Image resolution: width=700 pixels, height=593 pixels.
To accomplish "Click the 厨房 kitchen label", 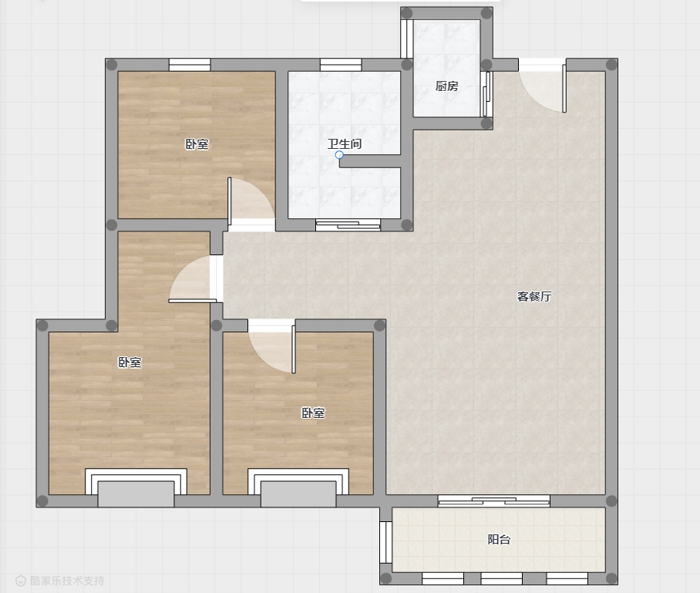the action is pyautogui.click(x=446, y=86).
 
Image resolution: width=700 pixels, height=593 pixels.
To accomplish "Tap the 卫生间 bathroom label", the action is pyautogui.click(x=344, y=143).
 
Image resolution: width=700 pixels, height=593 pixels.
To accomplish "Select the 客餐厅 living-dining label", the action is pyautogui.click(x=534, y=296).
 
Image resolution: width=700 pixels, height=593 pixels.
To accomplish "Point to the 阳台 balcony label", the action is pyautogui.click(x=499, y=540).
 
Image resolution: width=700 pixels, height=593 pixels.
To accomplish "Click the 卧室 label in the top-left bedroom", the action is pyautogui.click(x=197, y=144).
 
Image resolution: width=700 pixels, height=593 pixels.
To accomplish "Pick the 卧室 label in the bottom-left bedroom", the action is pyautogui.click(x=130, y=362).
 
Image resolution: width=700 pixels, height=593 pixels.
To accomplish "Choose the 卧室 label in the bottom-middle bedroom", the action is pyautogui.click(x=313, y=413).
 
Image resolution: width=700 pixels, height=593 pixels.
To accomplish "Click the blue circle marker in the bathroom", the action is pyautogui.click(x=339, y=155).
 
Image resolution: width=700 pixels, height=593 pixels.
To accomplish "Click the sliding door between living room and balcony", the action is pyautogui.click(x=493, y=501).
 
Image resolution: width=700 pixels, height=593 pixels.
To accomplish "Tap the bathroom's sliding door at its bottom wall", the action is pyautogui.click(x=348, y=225).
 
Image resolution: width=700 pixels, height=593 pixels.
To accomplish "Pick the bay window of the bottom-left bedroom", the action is pyautogui.click(x=136, y=487).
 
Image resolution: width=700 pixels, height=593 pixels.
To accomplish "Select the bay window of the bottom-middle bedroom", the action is pyautogui.click(x=298, y=487).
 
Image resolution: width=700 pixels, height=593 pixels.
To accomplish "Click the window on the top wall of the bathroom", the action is pyautogui.click(x=341, y=65).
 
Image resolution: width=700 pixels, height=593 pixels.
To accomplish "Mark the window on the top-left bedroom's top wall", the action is pyautogui.click(x=190, y=65).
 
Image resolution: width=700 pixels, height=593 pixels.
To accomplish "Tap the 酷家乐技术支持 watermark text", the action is pyautogui.click(x=66, y=581).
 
